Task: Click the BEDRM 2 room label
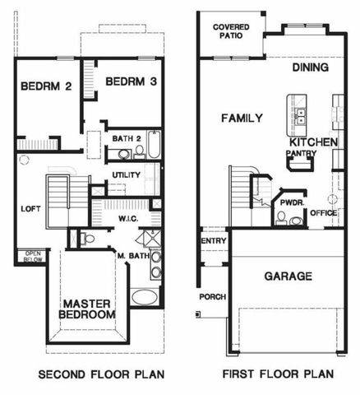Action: (46, 86)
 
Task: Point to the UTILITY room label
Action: (126, 175)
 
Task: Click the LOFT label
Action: (30, 208)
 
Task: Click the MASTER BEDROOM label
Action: (93, 308)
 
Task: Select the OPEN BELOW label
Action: (34, 255)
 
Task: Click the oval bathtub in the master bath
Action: (143, 297)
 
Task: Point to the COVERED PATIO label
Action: (232, 31)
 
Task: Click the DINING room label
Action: (310, 67)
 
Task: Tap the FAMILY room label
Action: (242, 118)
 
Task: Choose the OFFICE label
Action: (323, 213)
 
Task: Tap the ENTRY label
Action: (213, 240)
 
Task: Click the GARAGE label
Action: (287, 276)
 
